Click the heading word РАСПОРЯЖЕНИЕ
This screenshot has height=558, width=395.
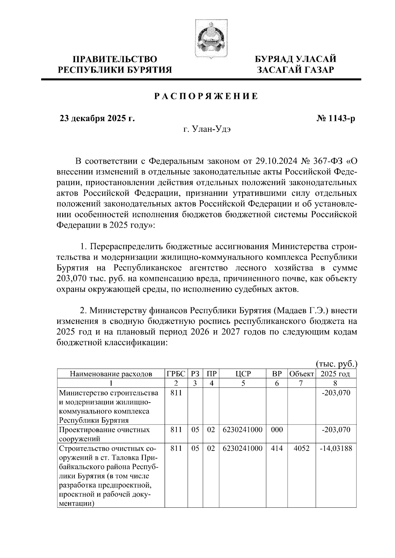(206, 97)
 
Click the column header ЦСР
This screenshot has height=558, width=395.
(243, 374)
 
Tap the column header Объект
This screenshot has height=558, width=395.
(301, 374)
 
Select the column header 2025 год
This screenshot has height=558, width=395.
(335, 374)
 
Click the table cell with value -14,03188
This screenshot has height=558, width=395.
(336, 448)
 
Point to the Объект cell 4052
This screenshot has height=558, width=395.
(302, 448)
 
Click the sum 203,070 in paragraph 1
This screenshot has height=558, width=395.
(72, 279)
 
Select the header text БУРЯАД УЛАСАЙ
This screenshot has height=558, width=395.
(296, 59)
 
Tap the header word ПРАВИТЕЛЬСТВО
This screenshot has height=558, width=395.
(115, 59)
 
